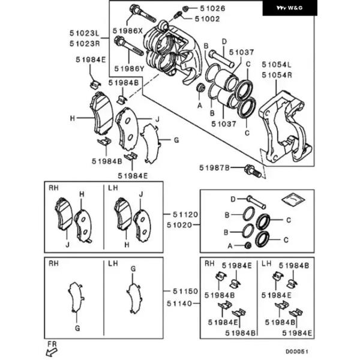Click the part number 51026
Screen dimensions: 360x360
[x=212, y=8]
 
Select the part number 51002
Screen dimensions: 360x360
[x=208, y=19]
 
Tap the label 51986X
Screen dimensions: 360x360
[x=128, y=31]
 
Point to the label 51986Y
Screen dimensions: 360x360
[x=129, y=68]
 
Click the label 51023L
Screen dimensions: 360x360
[x=85, y=33]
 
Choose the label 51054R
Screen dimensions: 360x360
[x=277, y=75]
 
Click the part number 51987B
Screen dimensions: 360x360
[x=214, y=168]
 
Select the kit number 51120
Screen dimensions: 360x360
[x=185, y=214]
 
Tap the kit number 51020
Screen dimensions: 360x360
[x=179, y=225]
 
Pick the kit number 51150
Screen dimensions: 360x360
[x=185, y=291]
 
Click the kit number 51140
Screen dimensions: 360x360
[x=179, y=304]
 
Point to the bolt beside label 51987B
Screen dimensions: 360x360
[x=253, y=171]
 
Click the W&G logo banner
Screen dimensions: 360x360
[x=290, y=8]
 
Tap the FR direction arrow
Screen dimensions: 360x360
[x=52, y=352]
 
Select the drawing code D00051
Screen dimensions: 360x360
[x=296, y=352]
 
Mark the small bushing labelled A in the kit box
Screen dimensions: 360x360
[x=248, y=245]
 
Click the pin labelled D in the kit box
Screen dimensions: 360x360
[x=256, y=202]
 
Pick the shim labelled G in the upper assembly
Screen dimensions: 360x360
[x=151, y=143]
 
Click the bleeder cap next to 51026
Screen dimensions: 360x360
[x=185, y=9]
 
